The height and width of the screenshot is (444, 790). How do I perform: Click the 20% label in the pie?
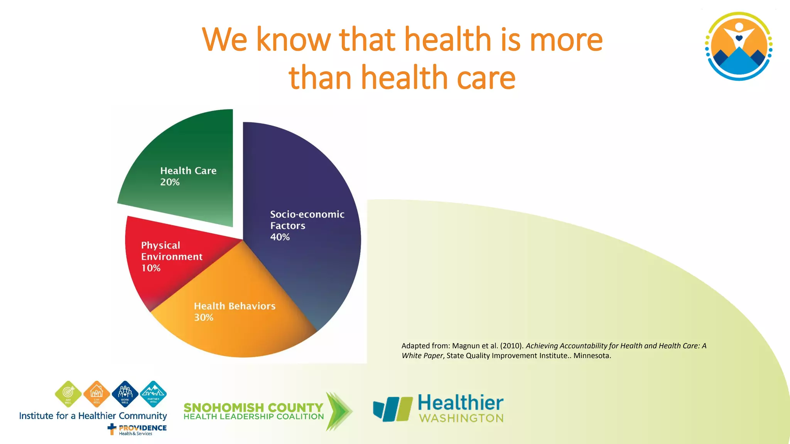click(170, 182)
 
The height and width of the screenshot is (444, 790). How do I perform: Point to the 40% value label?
click(280, 237)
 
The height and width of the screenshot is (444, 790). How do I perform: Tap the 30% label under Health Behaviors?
click(203, 318)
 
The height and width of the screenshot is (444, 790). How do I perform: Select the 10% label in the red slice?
click(151, 268)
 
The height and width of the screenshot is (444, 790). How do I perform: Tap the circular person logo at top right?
click(738, 46)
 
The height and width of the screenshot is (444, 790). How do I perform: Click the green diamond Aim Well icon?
click(68, 394)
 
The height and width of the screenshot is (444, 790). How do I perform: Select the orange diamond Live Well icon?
click(96, 394)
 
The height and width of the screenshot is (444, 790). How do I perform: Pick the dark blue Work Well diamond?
click(125, 394)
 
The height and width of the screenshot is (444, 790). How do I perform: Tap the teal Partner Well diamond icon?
click(153, 394)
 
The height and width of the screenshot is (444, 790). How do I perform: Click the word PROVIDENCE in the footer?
click(143, 428)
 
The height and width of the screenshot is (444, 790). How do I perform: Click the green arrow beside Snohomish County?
click(338, 411)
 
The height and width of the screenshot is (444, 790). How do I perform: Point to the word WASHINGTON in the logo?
click(461, 418)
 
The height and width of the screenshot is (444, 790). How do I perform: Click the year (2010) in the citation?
click(511, 346)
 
